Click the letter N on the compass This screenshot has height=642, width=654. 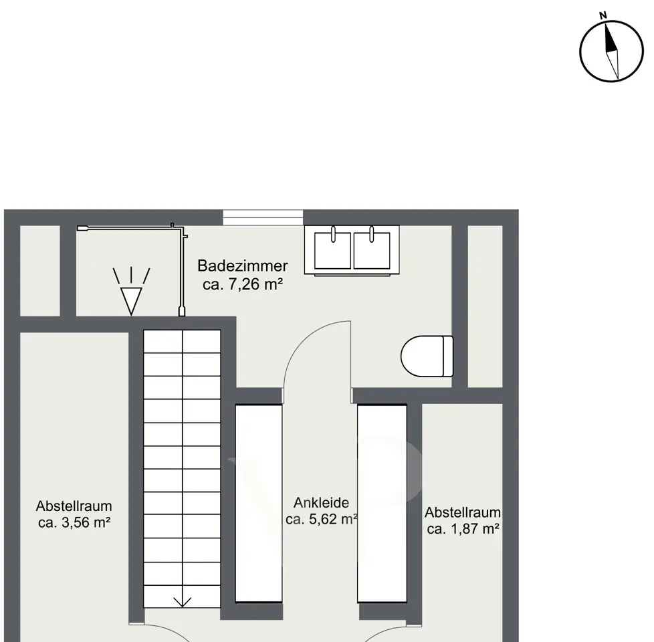(x=603, y=16)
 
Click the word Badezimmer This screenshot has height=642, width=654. (x=242, y=265)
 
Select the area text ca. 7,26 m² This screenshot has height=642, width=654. (x=243, y=284)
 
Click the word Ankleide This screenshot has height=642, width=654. (x=321, y=503)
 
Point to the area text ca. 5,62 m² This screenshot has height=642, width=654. (x=322, y=520)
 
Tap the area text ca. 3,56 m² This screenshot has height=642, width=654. (x=74, y=522)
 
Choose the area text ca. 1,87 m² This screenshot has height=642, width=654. (x=463, y=529)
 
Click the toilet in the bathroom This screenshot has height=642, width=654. (x=427, y=356)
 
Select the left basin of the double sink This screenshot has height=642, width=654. (x=332, y=250)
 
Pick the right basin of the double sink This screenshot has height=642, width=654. (x=372, y=250)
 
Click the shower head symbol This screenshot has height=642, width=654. (x=131, y=291)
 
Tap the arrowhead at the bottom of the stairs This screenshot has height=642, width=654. (x=183, y=602)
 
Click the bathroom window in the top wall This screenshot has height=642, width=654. (x=263, y=217)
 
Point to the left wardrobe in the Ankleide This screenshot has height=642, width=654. (x=259, y=504)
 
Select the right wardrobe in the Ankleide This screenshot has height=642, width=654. (x=382, y=504)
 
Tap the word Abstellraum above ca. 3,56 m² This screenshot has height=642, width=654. (x=74, y=506)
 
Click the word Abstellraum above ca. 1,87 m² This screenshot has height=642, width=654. (x=463, y=512)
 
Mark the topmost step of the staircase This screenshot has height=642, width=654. (x=182, y=342)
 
